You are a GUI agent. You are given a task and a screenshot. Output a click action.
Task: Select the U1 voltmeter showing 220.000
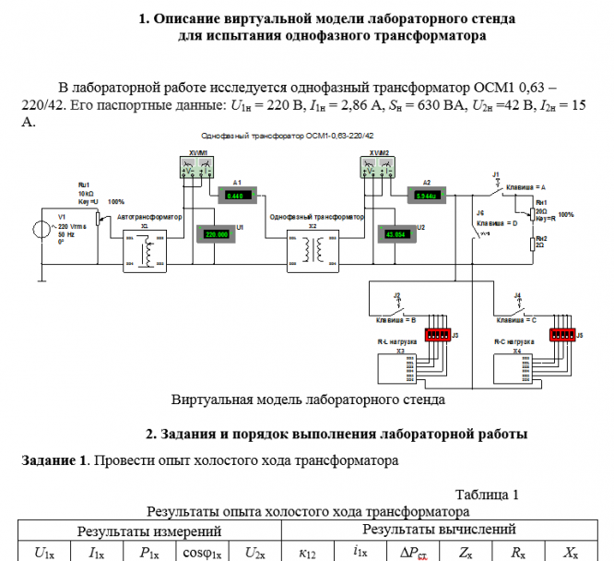point(217,234)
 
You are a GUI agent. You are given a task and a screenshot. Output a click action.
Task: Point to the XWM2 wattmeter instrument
point(377,167)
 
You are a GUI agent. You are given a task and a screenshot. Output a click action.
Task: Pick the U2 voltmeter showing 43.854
point(396,234)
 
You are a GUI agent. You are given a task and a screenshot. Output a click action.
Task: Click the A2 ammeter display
point(426,196)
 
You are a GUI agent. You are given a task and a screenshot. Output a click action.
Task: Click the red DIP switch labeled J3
point(435,334)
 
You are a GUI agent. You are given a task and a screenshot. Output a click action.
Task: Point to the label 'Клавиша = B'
point(396,320)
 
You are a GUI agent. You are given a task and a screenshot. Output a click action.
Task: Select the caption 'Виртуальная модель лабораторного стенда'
point(308,400)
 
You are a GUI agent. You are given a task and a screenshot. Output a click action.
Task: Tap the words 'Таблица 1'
point(487,494)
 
